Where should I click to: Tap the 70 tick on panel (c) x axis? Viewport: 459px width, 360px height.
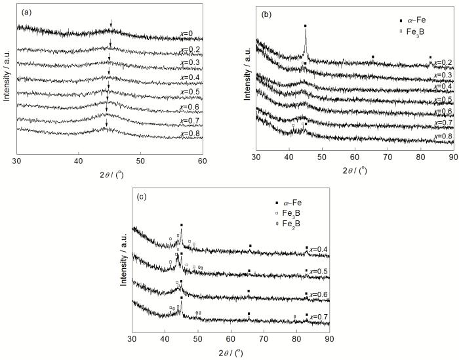(x=264, y=338)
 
